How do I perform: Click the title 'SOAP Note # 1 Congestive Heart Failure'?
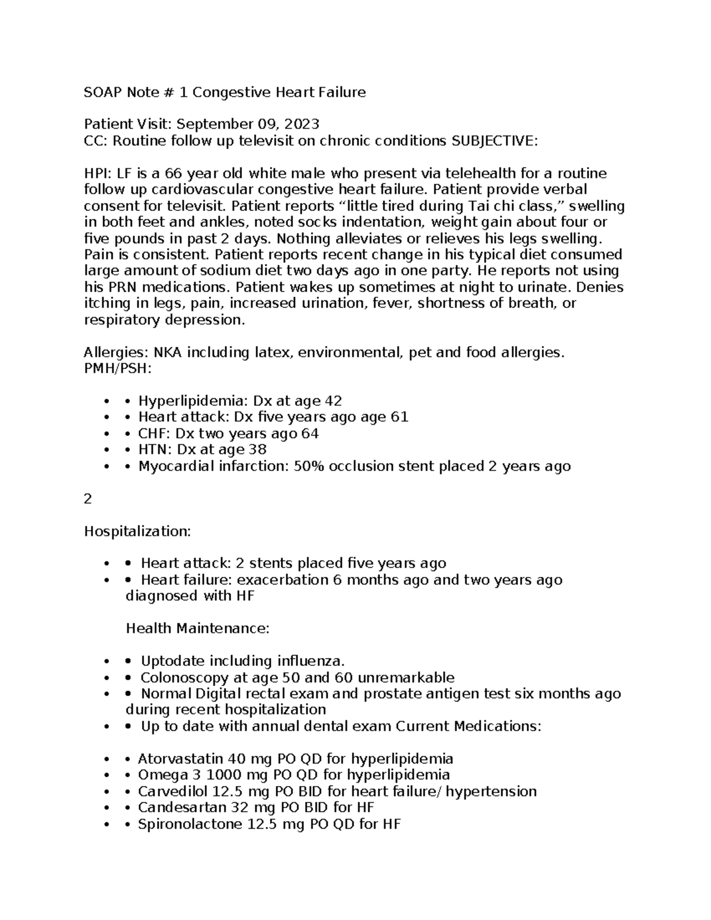click(225, 92)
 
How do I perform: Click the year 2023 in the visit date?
click(302, 124)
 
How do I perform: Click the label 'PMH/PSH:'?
click(117, 369)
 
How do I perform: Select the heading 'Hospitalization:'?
click(137, 531)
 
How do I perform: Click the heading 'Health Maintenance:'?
click(197, 629)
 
